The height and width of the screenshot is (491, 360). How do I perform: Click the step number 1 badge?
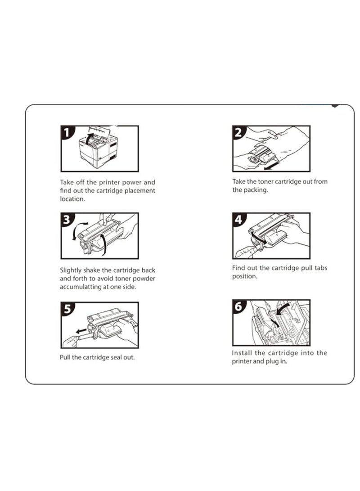(66, 132)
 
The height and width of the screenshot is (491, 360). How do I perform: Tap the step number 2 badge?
(238, 132)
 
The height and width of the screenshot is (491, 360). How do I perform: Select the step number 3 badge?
(66, 219)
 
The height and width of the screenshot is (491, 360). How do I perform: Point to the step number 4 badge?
(238, 219)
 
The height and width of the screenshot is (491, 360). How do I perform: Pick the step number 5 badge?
(67, 308)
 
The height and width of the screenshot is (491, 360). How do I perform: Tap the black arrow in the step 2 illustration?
(271, 166)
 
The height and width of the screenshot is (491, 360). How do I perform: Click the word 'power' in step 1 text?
(132, 183)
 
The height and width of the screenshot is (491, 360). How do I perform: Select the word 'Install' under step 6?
(242, 353)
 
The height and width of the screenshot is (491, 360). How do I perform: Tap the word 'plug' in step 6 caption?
(272, 362)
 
